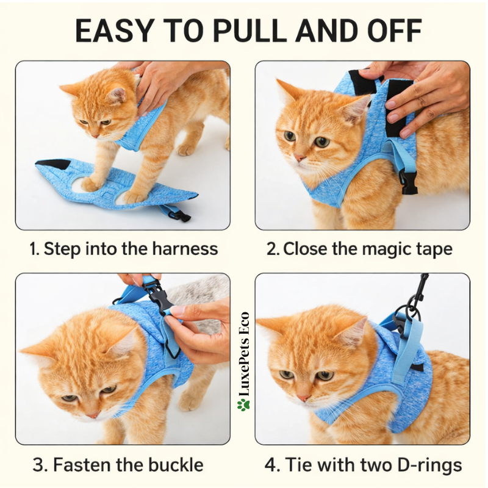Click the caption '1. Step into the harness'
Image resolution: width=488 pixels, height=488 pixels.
[x=123, y=249]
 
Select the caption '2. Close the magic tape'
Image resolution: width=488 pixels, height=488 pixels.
[x=360, y=249]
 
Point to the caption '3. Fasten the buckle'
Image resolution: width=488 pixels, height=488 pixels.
[x=118, y=465]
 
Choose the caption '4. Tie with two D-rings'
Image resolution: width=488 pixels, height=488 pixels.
[x=362, y=465]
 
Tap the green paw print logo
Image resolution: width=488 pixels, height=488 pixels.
[x=244, y=404]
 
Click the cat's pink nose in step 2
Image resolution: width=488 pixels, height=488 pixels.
[x=300, y=158]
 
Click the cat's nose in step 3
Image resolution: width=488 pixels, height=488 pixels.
[x=92, y=414]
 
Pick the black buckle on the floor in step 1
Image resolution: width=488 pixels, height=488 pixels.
[x=178, y=213]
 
